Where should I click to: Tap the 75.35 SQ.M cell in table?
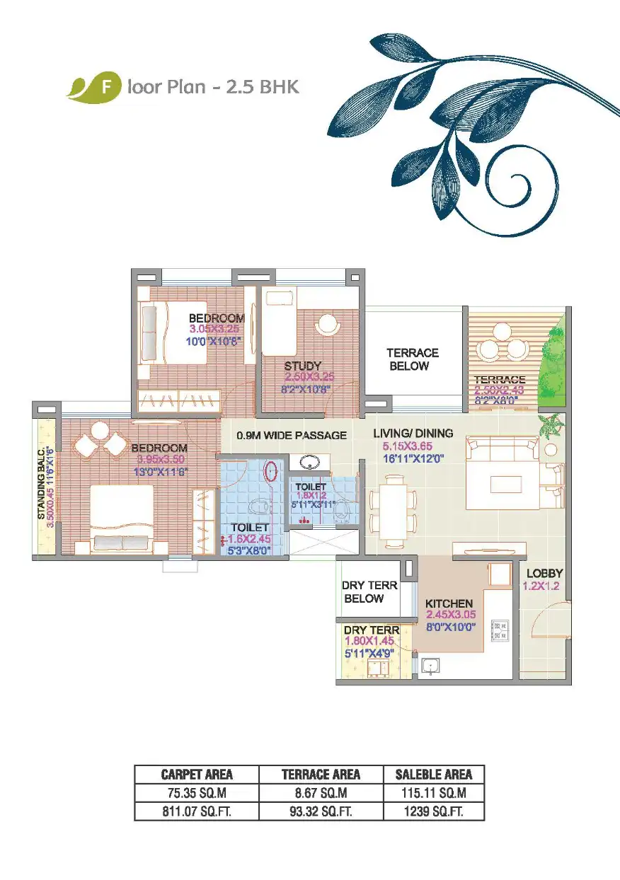[x=197, y=792]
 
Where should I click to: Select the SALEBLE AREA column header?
[x=434, y=775]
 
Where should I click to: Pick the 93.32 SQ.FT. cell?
[x=321, y=811]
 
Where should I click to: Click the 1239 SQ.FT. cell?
[x=434, y=811]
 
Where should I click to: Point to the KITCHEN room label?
[x=449, y=603]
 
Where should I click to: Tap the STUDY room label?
[x=303, y=366]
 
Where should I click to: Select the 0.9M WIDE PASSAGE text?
[x=292, y=435]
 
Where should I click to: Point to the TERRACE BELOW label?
[x=413, y=359]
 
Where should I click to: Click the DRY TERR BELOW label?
[x=369, y=592]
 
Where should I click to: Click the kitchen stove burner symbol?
[x=500, y=627]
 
